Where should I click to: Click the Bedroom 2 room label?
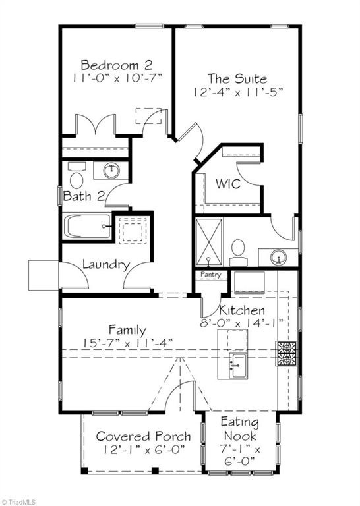coord(116,65)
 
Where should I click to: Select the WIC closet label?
coord(228,184)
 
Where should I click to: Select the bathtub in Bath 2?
coord(86,227)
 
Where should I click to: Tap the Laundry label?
coord(105,265)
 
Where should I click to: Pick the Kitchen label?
coord(242,310)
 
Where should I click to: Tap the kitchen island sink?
coord(237,362)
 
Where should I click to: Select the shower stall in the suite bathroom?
coord(210,242)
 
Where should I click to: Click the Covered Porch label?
coord(143,436)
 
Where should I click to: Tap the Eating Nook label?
coord(239,429)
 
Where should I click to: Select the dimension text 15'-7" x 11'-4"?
coord(127,342)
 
